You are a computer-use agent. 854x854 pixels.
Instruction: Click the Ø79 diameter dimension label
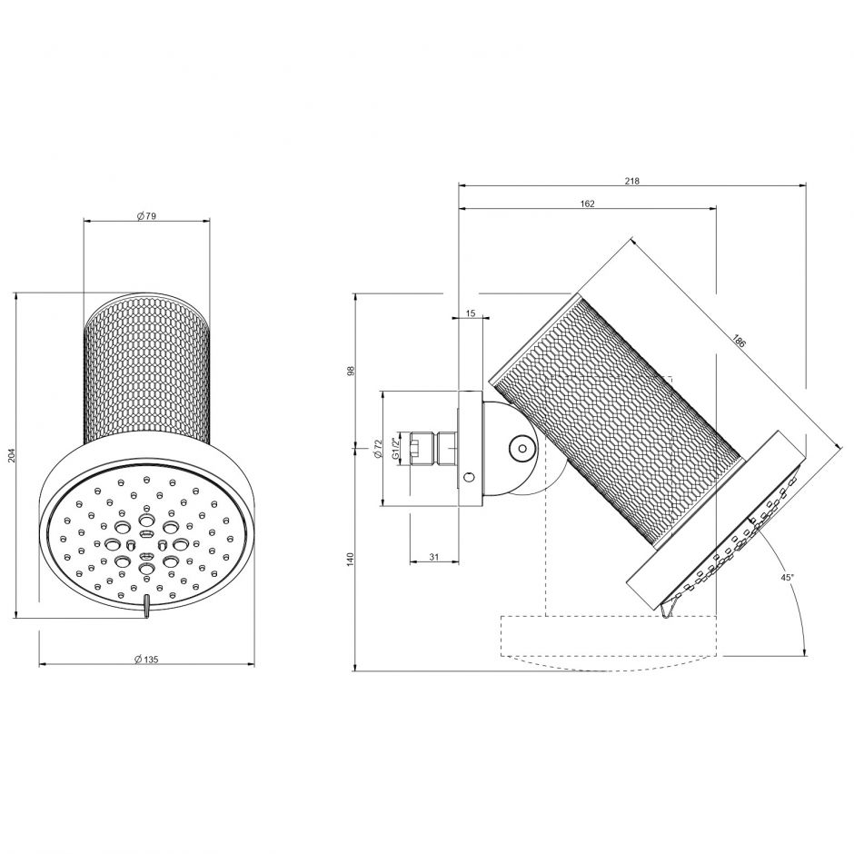[146, 215]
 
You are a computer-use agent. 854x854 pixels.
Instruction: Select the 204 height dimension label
[12, 455]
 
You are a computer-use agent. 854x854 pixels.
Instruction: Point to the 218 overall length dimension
[632, 181]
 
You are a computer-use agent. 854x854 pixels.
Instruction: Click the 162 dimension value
[587, 204]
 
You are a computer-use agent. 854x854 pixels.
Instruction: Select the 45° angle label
[787, 577]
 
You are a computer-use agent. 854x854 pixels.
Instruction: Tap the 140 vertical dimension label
[350, 560]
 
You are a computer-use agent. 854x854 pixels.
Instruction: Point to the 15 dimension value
[470, 313]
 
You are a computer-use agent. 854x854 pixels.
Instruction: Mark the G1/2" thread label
[394, 448]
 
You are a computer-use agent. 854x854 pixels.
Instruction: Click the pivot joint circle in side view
[521, 447]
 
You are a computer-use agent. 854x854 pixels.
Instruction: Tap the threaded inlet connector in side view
[434, 448]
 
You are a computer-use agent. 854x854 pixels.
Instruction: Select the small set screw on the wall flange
[468, 478]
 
